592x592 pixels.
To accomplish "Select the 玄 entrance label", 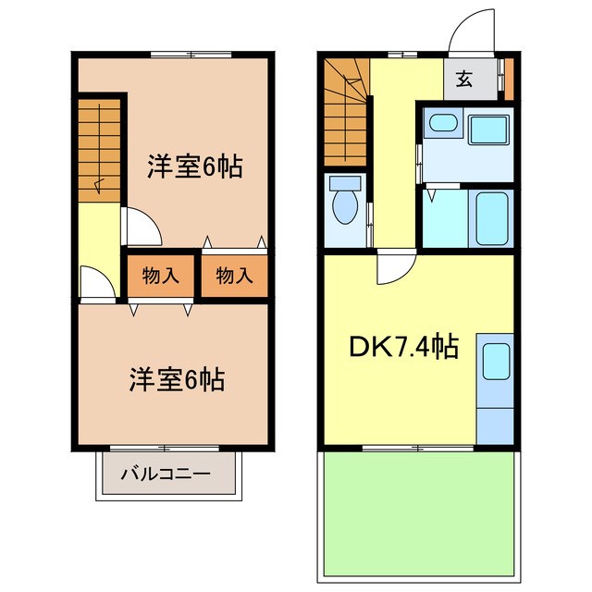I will click(x=463, y=80).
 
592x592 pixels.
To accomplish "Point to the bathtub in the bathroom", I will click(x=490, y=218).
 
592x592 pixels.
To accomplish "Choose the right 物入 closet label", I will click(x=234, y=275).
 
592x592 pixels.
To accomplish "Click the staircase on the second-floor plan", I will click(x=99, y=148).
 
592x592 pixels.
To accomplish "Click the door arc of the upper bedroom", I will click(x=140, y=225).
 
